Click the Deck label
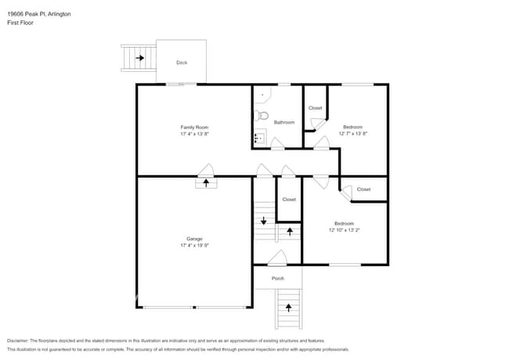pyautogui.click(x=182, y=63)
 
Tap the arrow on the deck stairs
pyautogui.click(x=140, y=58)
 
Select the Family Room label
pyautogui.click(x=194, y=128)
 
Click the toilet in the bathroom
pyautogui.click(x=262, y=116)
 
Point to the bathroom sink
pyautogui.click(x=260, y=136)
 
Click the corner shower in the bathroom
pyautogui.click(x=262, y=95)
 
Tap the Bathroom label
pyautogui.click(x=284, y=122)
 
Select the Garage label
pyautogui.click(x=194, y=239)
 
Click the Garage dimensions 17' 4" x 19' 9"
pyautogui.click(x=194, y=246)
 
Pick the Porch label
pyautogui.click(x=278, y=279)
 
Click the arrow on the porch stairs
pyautogui.click(x=289, y=308)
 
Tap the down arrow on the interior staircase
pyautogui.click(x=264, y=221)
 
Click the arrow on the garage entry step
pyautogui.click(x=206, y=182)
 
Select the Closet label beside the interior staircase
pyautogui.click(x=289, y=200)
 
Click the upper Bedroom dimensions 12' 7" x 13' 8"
pyautogui.click(x=353, y=133)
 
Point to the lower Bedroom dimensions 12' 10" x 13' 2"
pyautogui.click(x=344, y=230)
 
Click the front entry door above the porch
pyautogui.click(x=277, y=258)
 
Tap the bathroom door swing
pyautogui.click(x=277, y=144)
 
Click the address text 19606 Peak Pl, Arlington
pyautogui.click(x=39, y=14)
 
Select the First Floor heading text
pyautogui.click(x=20, y=23)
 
